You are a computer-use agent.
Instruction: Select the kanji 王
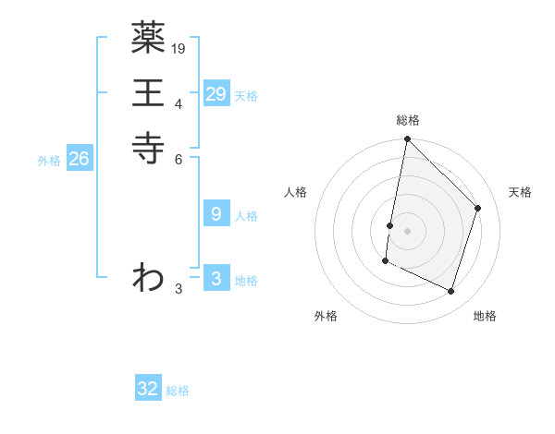pyautogui.click(x=148, y=93)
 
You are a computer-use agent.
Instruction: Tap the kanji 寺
pyautogui.click(x=148, y=147)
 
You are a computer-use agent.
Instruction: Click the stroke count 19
pyautogui.click(x=179, y=48)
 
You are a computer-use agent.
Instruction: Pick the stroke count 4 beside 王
pyautogui.click(x=179, y=102)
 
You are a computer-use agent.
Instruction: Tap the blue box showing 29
pyautogui.click(x=216, y=94)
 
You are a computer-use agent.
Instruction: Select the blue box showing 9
pyautogui.click(x=216, y=214)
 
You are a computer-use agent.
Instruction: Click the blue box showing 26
pyautogui.click(x=79, y=159)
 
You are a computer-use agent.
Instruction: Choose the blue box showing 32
pyautogui.click(x=148, y=389)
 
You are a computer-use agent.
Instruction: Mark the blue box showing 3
pyautogui.click(x=216, y=279)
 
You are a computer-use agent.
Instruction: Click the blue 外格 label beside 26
pyautogui.click(x=49, y=161)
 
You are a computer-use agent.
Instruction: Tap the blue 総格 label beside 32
pyautogui.click(x=178, y=391)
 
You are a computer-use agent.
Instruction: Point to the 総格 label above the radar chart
pyautogui.click(x=408, y=120)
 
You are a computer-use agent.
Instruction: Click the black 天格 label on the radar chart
pyautogui.click(x=520, y=192)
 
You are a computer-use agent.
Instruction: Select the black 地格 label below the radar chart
pyautogui.click(x=485, y=317)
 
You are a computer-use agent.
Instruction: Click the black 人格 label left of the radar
pyautogui.click(x=295, y=192)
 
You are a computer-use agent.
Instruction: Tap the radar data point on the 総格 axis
pyautogui.click(x=407, y=140)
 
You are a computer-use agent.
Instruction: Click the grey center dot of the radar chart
pyautogui.click(x=407, y=231)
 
